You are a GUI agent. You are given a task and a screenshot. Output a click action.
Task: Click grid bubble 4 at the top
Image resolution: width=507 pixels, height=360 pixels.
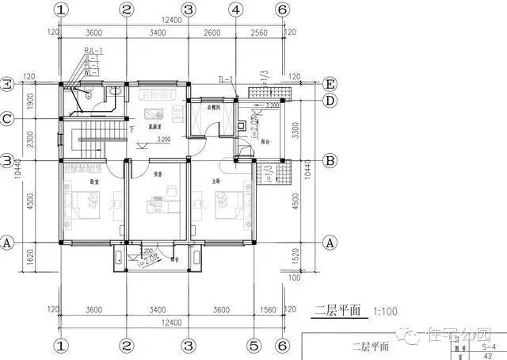pyautogui.click(x=235, y=10)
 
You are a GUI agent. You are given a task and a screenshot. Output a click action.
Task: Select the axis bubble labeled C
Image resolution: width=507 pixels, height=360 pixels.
pyautogui.click(x=7, y=119)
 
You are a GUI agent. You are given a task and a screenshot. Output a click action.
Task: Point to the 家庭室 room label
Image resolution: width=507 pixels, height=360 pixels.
pyautogui.click(x=155, y=124)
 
